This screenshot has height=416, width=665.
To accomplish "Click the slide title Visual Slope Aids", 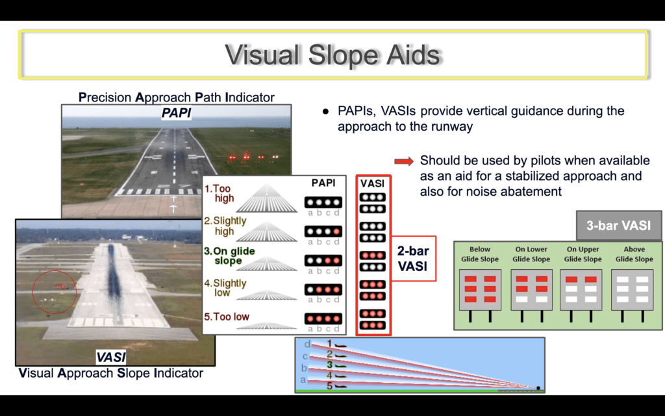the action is [332, 55].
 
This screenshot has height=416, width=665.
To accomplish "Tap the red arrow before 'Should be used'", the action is [404, 161].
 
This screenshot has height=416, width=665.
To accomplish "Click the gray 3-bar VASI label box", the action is [618, 226].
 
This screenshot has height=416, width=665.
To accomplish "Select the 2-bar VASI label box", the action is [412, 259].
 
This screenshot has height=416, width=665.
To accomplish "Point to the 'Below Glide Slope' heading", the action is [480, 254].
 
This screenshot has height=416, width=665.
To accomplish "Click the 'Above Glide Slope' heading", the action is [634, 254].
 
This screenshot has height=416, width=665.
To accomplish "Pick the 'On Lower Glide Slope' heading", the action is [531, 254].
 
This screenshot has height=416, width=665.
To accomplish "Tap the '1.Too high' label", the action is [219, 194].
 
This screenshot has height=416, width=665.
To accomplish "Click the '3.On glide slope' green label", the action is [229, 256].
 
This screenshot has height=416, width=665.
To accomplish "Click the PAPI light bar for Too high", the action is [323, 203].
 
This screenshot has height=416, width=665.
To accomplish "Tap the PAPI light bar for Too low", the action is [323, 318].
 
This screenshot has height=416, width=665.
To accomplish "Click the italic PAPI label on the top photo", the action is [176, 113].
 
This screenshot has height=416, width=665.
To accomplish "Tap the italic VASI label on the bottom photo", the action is [110, 357].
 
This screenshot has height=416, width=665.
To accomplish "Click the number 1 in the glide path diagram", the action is [329, 343].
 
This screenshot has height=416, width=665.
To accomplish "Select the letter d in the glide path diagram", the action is [307, 343].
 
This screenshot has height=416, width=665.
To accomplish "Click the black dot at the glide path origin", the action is [538, 387].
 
